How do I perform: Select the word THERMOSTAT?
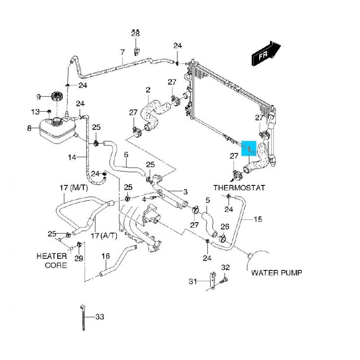(239, 187)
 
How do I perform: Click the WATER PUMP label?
(277, 272)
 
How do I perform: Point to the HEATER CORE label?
(52, 261)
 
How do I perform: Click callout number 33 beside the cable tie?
(99, 317)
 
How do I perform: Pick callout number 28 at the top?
(135, 34)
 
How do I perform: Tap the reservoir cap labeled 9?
(57, 96)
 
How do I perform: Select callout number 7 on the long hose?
(122, 52)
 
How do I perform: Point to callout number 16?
(105, 256)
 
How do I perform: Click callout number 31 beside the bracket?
(193, 282)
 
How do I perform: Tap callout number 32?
(225, 267)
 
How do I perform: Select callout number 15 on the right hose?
(258, 220)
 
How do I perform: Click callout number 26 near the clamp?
(225, 226)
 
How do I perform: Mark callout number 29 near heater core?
(79, 258)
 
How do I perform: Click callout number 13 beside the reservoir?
(35, 112)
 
